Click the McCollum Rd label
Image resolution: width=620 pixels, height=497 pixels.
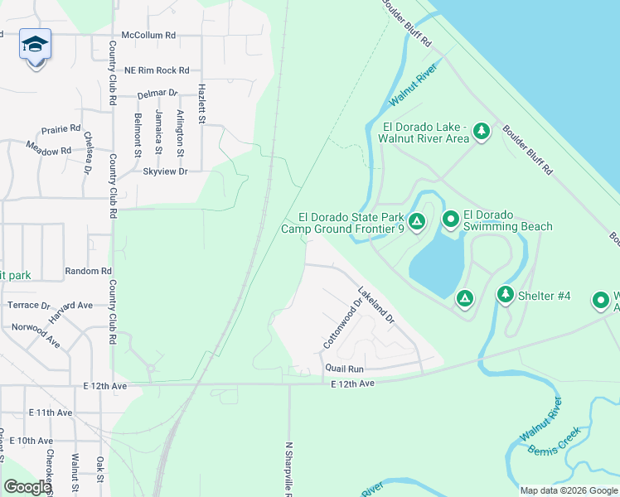(x=148, y=36)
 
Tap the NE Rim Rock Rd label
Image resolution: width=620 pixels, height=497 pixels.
(x=157, y=70)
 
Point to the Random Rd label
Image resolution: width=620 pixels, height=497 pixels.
(x=88, y=271)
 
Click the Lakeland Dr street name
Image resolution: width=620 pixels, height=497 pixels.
(x=375, y=304)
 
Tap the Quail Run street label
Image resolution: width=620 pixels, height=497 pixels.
(x=344, y=368)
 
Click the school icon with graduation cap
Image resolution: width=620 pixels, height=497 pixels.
(x=36, y=45)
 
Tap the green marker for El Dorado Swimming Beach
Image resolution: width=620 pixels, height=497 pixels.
(x=450, y=220)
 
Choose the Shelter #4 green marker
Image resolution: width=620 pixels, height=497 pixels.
(x=506, y=294)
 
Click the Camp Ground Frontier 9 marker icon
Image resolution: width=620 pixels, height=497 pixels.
(x=417, y=221)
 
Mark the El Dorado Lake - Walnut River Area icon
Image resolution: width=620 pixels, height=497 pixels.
(x=481, y=131)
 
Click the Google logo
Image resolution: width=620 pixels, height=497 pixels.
(x=27, y=487)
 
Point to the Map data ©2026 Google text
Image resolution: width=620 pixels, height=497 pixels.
(x=568, y=490)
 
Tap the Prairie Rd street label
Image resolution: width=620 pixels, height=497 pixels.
(x=61, y=129)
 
